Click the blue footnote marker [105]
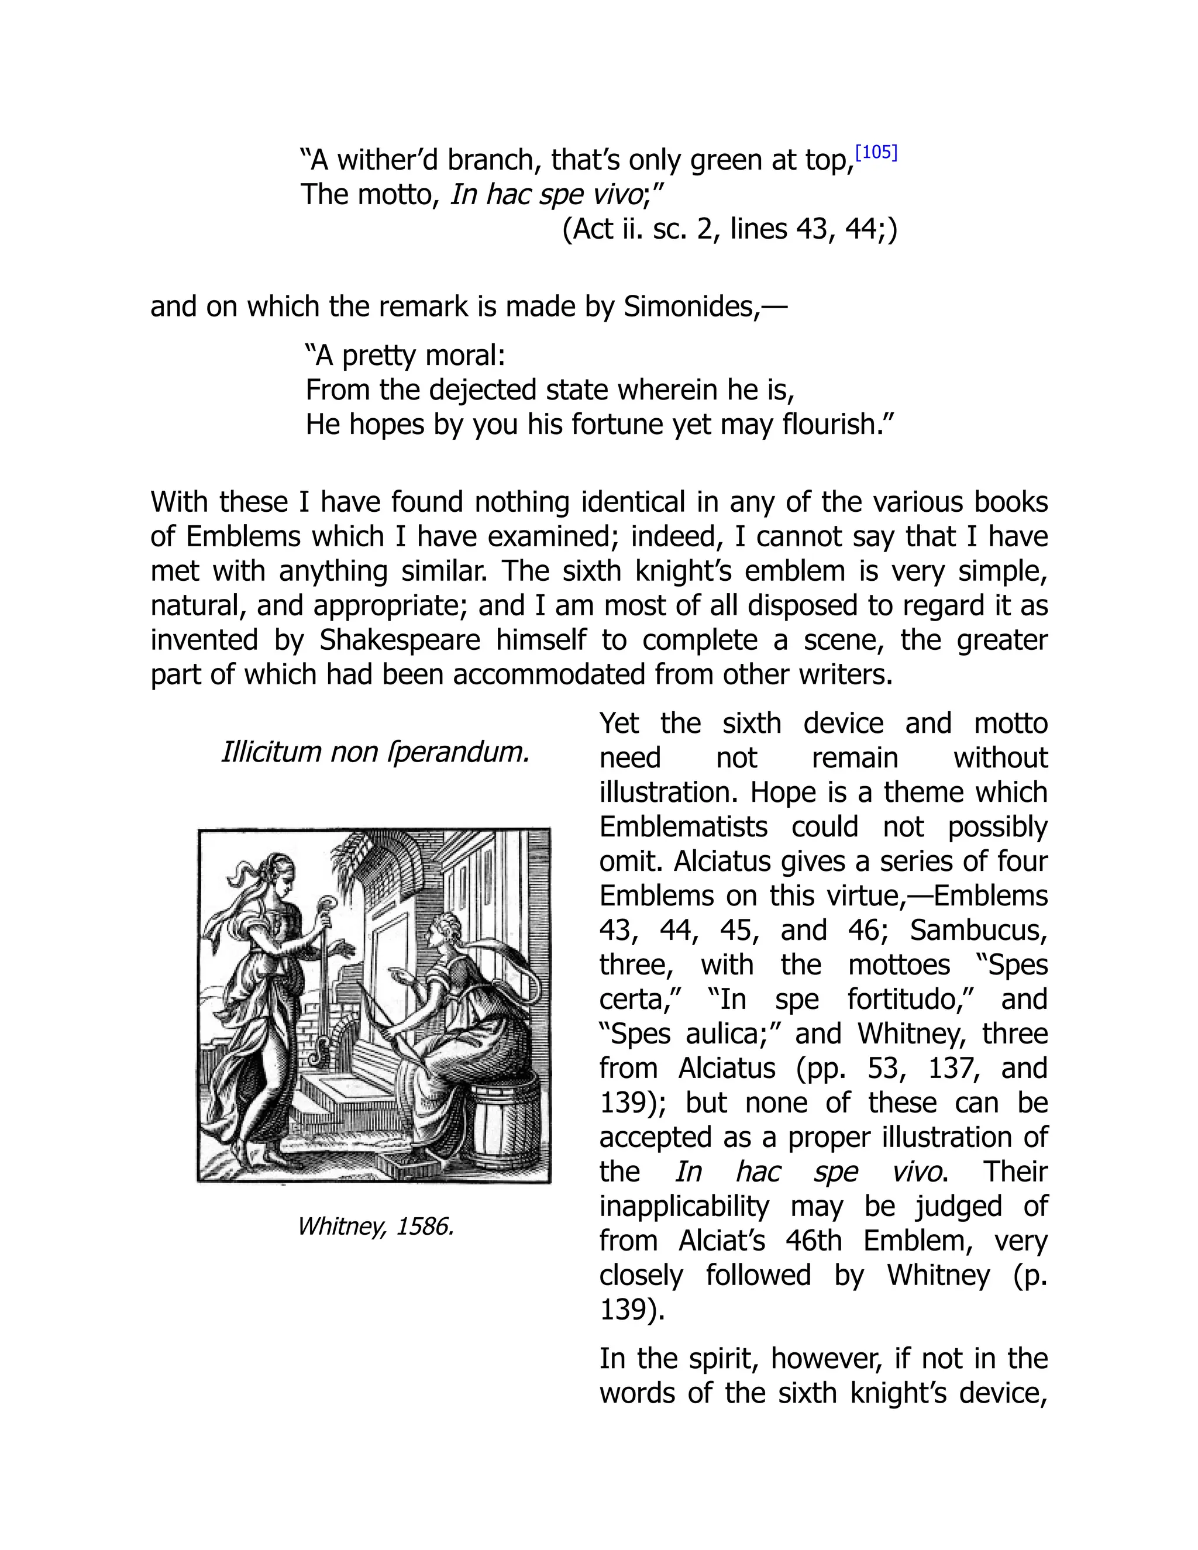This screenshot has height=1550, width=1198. click(876, 153)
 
